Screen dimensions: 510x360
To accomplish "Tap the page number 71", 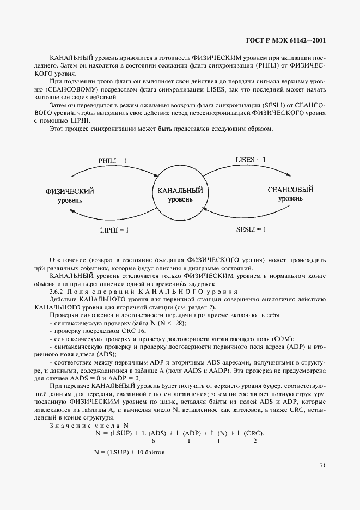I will tap(323, 465).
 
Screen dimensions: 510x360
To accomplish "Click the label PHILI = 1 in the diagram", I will tap(113, 161).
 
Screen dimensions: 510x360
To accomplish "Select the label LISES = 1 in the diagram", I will tap(251, 160).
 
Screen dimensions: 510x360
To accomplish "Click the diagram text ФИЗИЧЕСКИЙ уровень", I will tap(70, 196).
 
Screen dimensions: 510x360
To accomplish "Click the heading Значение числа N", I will tap(89, 425).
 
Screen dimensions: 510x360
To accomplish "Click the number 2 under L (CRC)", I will tap(255, 441).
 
